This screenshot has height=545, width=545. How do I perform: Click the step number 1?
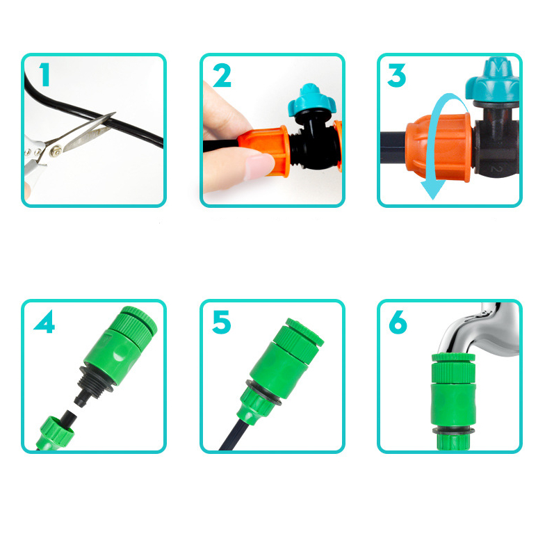coord(44,74)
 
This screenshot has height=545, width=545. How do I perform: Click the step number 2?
coord(222,75)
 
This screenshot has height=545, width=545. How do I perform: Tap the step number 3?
coord(397,75)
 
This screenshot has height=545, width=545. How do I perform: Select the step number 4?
coord(44,322)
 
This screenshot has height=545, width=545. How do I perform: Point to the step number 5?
coord(222,322)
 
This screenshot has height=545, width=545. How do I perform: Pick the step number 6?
coord(398,322)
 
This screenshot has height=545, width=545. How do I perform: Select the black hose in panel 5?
coord(229,437)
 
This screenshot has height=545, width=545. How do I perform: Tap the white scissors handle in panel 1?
coord(31,160)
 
